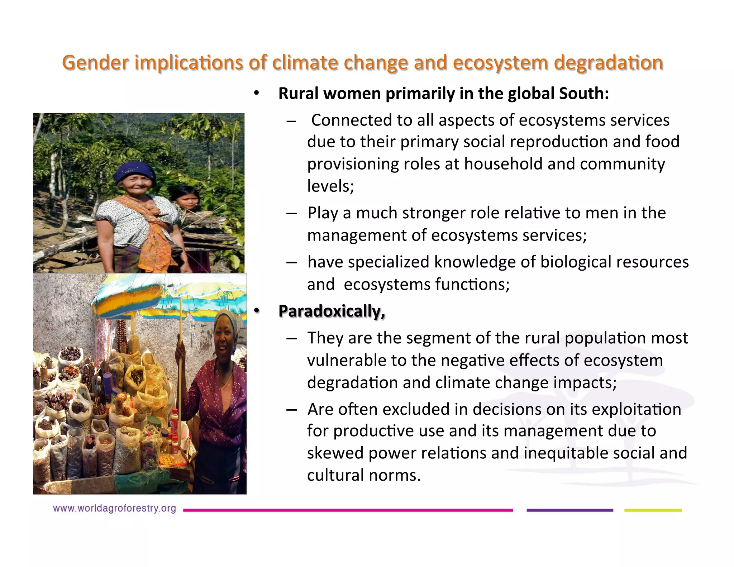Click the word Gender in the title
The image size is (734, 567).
click(x=95, y=62)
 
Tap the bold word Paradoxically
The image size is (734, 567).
click(x=332, y=311)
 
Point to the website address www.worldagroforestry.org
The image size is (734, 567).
click(x=114, y=508)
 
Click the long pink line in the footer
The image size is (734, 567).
click(x=348, y=510)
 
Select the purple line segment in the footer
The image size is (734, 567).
click(x=569, y=510)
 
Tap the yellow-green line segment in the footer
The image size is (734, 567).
click(x=653, y=510)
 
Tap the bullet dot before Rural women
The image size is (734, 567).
click(x=256, y=94)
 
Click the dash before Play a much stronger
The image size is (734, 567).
click(x=291, y=214)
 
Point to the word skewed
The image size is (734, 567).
click(x=335, y=453)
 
